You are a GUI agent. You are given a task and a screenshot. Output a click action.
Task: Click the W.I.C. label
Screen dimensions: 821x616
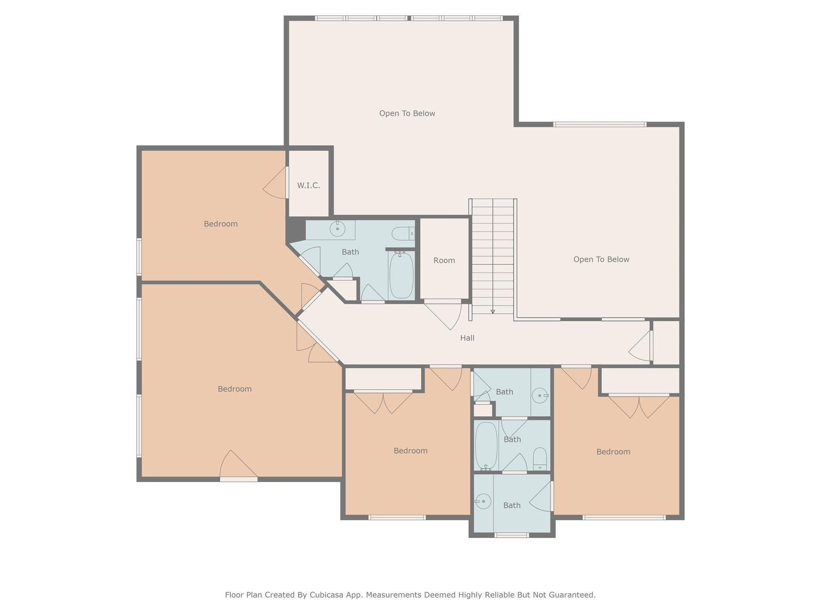click(308, 185)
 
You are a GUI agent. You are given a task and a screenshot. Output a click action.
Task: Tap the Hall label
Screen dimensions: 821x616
click(467, 338)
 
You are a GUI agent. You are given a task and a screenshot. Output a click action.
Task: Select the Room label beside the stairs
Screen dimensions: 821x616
click(444, 260)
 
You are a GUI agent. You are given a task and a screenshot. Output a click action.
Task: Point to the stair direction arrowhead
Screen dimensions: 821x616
click(493, 312)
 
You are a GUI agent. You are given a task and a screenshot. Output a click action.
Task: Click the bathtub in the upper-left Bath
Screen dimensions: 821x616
click(401, 275)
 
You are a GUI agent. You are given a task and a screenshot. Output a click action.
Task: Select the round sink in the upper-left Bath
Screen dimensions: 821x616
click(337, 228)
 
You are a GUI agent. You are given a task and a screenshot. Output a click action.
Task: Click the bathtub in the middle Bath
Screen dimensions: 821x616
click(486, 446)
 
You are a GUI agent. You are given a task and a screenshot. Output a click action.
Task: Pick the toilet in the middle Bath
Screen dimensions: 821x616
click(540, 459)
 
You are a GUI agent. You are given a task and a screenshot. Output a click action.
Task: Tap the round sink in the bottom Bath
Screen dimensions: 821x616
click(483, 501)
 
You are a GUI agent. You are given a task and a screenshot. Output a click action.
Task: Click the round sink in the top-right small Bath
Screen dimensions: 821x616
click(540, 395)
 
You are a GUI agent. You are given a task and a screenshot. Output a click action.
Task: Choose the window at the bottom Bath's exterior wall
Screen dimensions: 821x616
click(511, 535)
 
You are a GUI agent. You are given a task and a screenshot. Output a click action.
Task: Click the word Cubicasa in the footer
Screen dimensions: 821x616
click(326, 594)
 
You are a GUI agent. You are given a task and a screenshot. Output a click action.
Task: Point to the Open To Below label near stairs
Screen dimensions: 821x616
click(601, 259)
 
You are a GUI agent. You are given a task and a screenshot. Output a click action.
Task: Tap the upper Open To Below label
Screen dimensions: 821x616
click(407, 113)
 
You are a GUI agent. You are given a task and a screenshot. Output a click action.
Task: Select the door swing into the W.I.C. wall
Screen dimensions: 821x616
click(276, 183)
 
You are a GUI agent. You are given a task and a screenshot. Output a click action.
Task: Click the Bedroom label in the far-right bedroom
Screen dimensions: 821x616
click(613, 452)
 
